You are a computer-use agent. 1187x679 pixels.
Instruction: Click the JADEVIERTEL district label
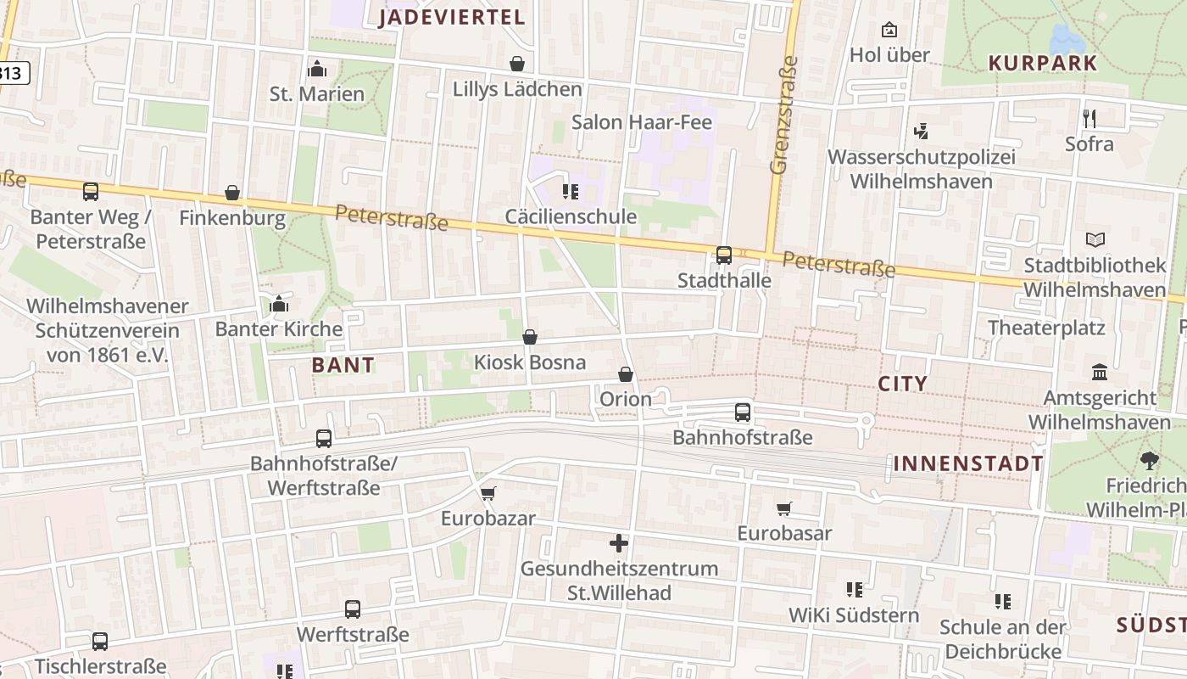(452, 17)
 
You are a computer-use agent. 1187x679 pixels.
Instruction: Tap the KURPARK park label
(1043, 63)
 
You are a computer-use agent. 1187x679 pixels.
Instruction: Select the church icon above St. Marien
(317, 68)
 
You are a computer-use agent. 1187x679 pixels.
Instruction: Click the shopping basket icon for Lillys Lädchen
(517, 64)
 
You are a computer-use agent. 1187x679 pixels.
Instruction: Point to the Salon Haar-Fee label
(642, 122)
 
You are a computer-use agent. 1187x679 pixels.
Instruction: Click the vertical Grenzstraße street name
(784, 115)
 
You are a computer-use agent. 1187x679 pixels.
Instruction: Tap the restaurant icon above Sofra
(1089, 118)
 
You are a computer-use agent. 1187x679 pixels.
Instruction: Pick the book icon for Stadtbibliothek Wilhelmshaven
(1095, 240)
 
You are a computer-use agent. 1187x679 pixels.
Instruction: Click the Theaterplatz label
(1046, 328)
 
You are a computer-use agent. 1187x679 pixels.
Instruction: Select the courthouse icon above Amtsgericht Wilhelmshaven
(1101, 372)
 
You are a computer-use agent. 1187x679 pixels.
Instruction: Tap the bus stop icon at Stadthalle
(724, 255)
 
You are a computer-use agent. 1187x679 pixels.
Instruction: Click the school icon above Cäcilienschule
(571, 192)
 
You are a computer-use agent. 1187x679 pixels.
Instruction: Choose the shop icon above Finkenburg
(232, 193)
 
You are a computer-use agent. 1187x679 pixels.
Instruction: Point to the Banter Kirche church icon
(279, 304)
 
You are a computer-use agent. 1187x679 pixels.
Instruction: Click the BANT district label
(343, 366)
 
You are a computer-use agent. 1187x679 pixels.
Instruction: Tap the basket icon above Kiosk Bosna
(530, 337)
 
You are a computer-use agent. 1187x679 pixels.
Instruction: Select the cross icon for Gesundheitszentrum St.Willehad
(619, 543)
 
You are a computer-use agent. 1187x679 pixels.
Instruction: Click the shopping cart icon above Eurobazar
(488, 493)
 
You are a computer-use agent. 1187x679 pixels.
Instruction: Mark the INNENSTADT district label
(967, 463)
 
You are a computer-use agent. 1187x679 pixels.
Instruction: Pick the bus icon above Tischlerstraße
(100, 642)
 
